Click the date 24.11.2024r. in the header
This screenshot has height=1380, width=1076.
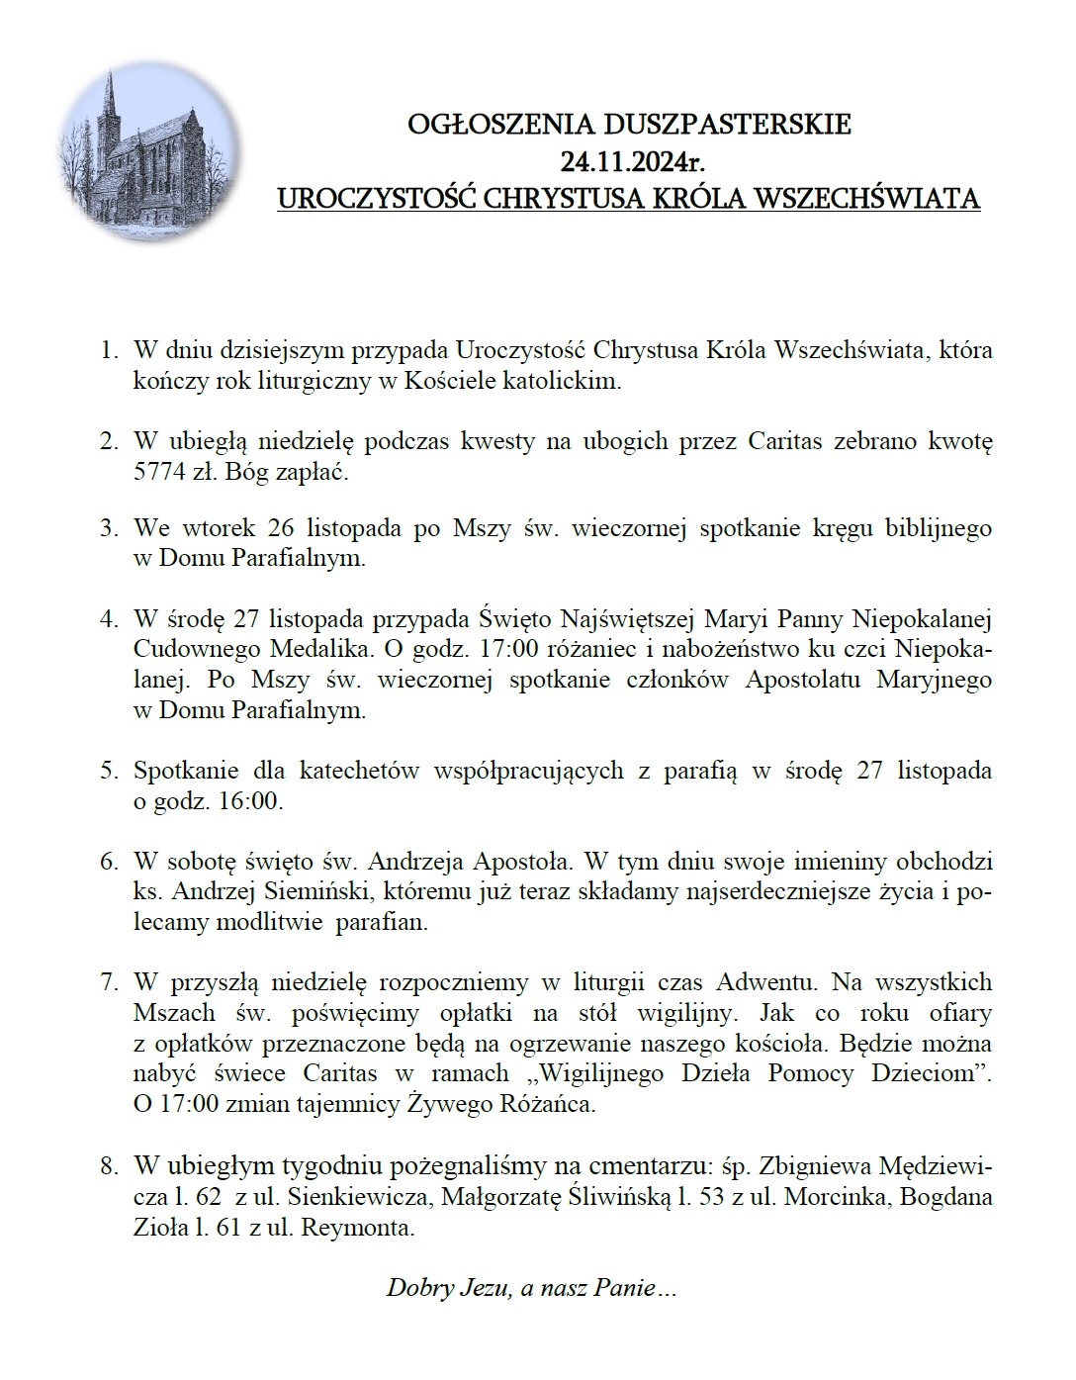pyautogui.click(x=629, y=161)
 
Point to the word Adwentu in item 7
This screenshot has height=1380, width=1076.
pyautogui.click(x=766, y=982)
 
